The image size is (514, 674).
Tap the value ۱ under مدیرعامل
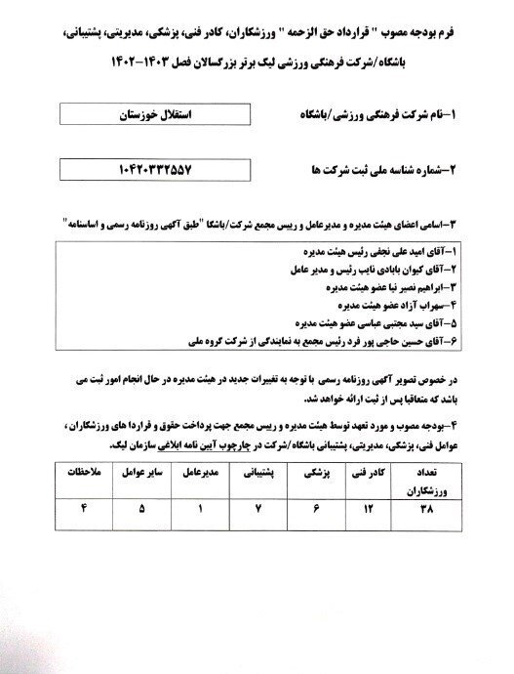[196, 510]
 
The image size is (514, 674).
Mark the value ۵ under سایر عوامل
[140, 510]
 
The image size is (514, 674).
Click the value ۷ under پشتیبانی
[250, 510]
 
